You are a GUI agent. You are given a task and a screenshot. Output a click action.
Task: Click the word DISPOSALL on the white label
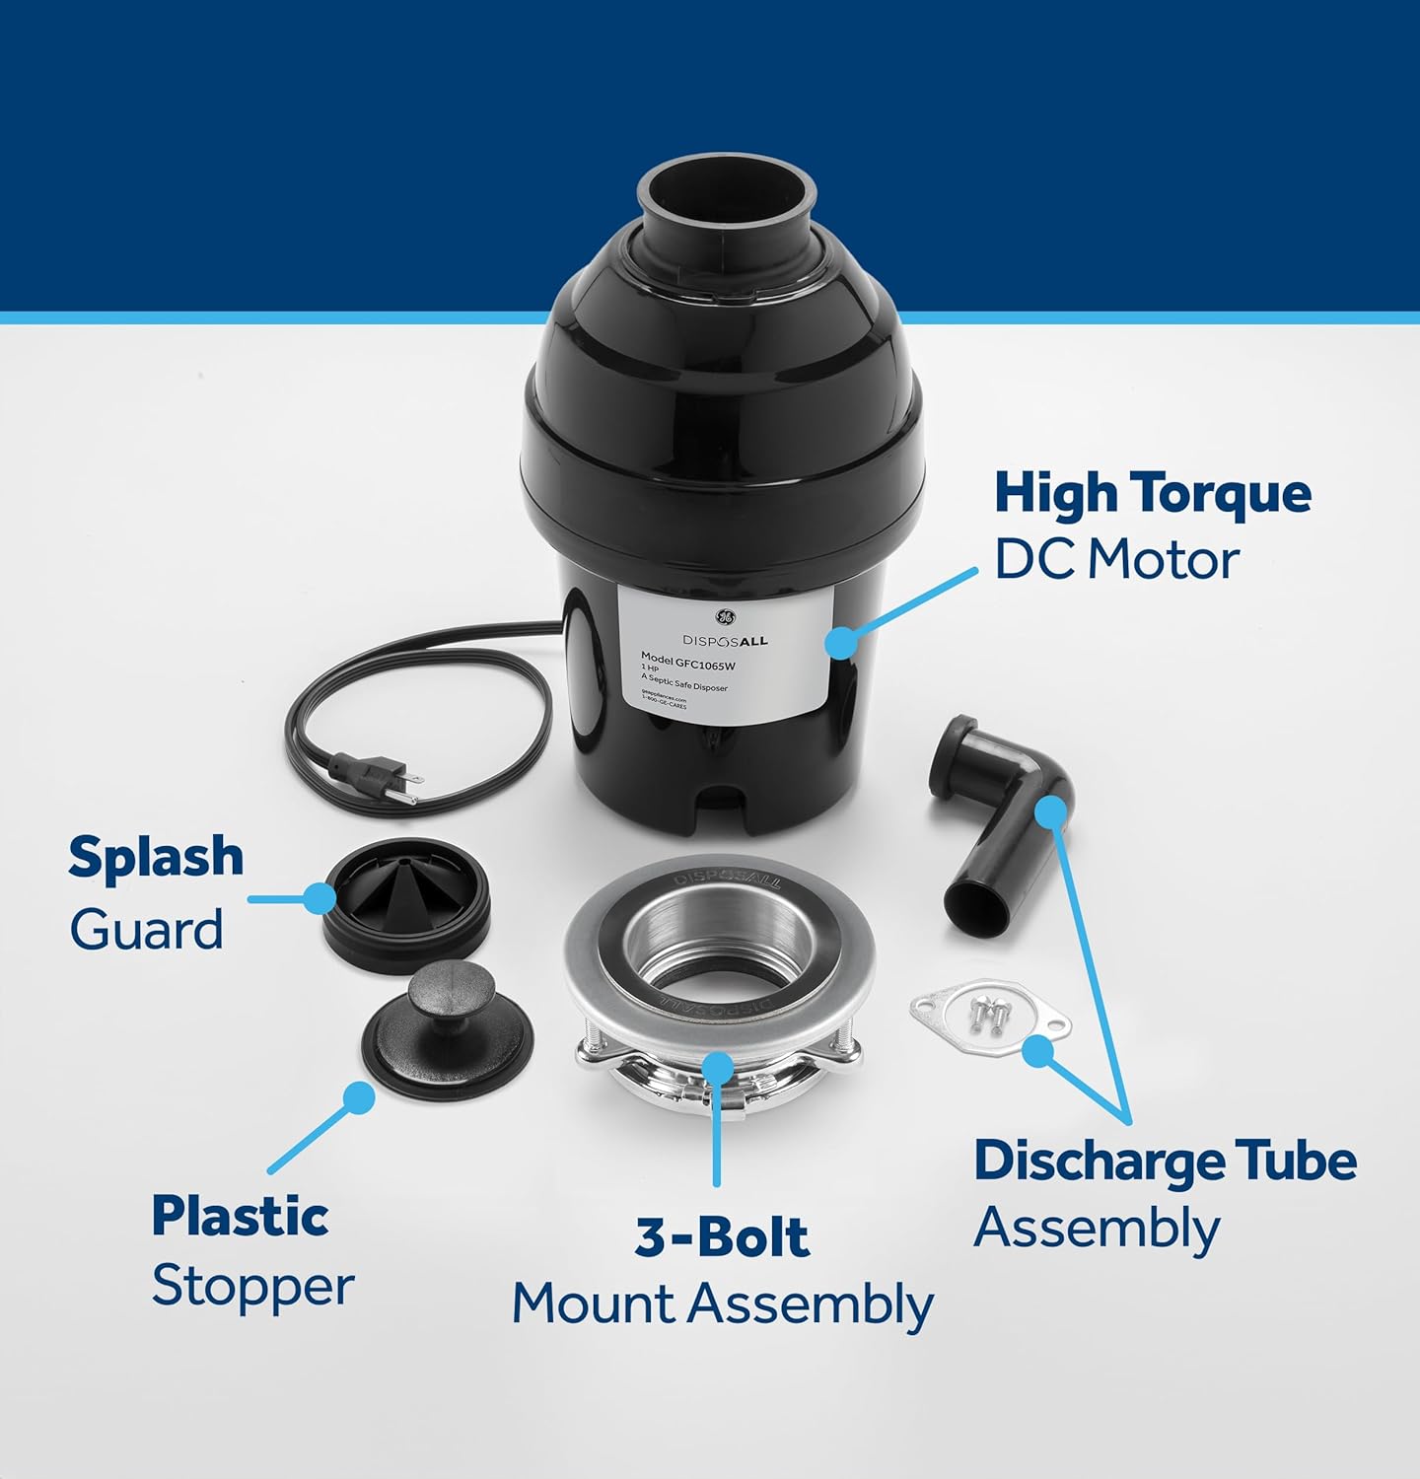click(x=725, y=641)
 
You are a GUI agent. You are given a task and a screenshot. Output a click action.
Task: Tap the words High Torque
click(x=1152, y=492)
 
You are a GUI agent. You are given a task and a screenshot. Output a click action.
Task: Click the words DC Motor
click(x=1115, y=560)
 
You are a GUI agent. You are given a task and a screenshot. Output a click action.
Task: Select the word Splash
click(x=156, y=856)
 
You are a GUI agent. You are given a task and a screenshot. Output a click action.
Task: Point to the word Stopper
click(x=252, y=1286)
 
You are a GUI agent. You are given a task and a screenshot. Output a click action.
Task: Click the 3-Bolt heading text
click(x=722, y=1236)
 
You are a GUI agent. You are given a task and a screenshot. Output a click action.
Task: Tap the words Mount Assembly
click(x=722, y=1303)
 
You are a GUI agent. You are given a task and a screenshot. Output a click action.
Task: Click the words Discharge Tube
click(x=1165, y=1161)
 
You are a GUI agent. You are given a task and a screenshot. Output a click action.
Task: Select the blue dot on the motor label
click(x=840, y=642)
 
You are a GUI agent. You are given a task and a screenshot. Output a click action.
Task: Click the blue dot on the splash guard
click(x=319, y=898)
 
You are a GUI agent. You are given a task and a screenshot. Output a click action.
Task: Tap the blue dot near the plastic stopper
click(x=359, y=1097)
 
